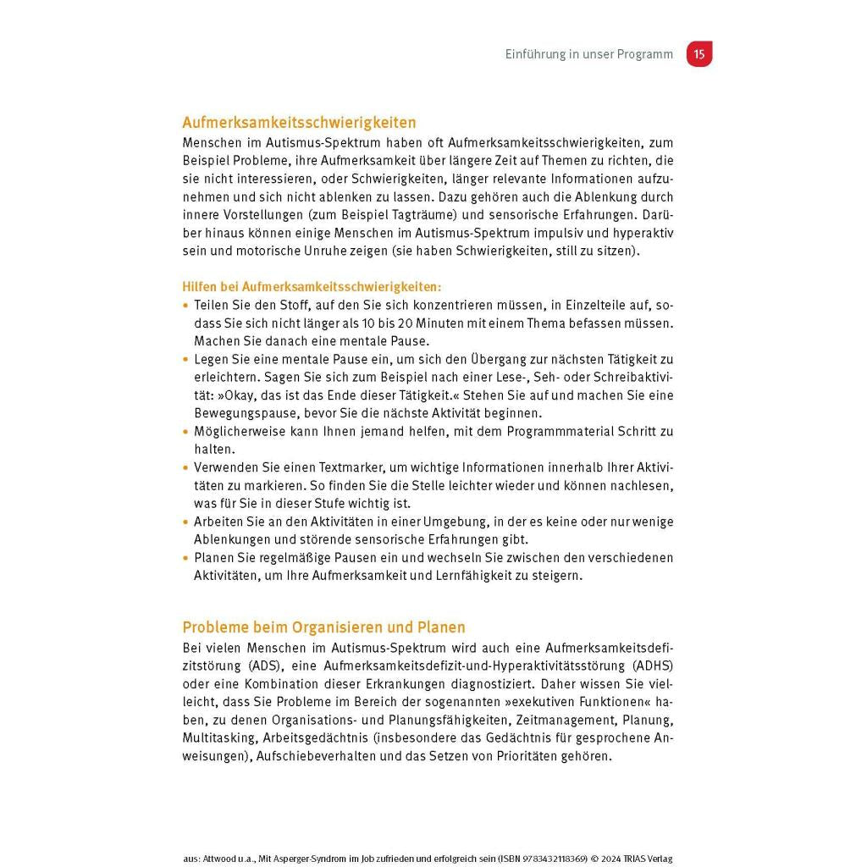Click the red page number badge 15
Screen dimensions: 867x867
point(699,54)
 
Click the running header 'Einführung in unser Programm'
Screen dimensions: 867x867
point(588,54)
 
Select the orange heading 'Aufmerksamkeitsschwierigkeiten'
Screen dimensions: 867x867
point(299,124)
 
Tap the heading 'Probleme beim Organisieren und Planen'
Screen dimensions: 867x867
point(323,627)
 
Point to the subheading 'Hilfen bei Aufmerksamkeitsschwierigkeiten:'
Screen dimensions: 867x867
point(312,288)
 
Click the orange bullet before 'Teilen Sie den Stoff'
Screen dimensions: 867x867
point(186,305)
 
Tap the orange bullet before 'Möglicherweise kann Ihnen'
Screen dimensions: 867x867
point(186,432)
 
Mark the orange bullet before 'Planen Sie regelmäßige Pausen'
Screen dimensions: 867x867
point(186,558)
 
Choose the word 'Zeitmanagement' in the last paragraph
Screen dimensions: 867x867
point(565,720)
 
